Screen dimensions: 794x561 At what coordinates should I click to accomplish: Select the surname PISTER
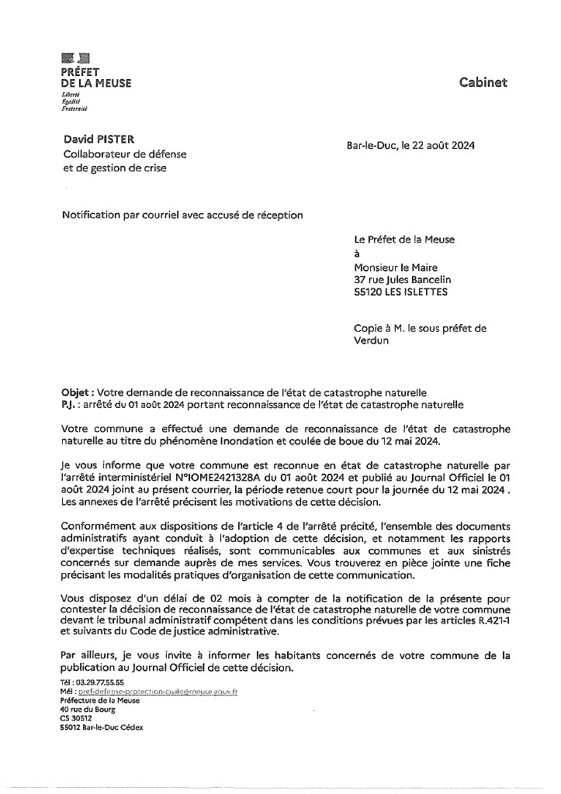point(115,140)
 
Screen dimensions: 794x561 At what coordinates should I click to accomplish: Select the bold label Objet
point(77,392)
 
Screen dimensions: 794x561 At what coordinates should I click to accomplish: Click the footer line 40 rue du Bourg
point(87,709)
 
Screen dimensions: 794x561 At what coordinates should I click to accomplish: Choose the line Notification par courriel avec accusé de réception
point(182,215)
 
